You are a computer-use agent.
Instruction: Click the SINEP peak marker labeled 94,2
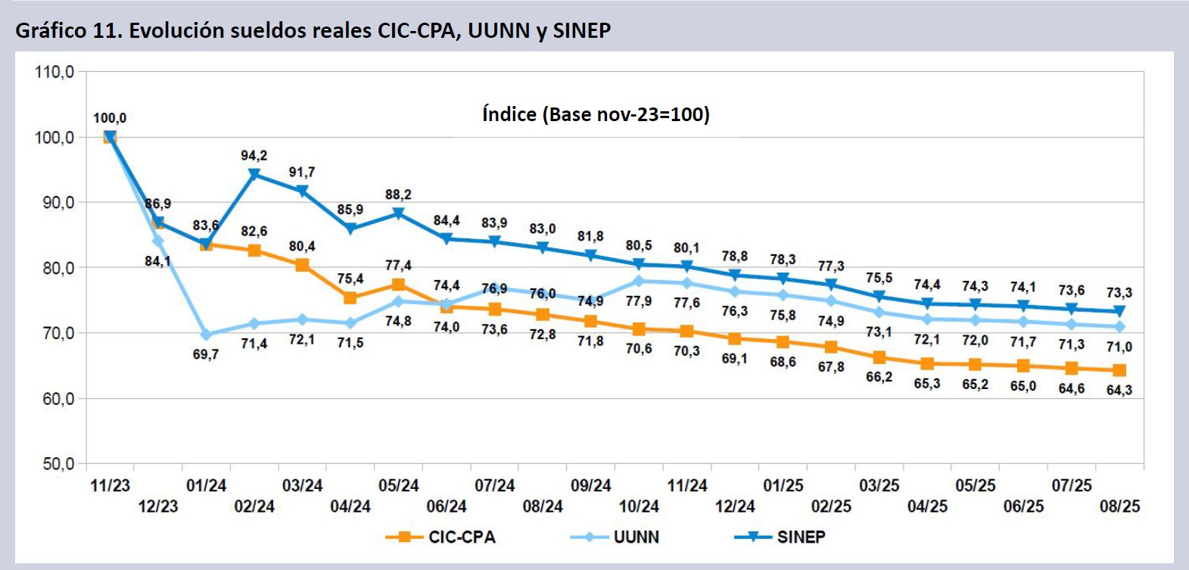(254, 175)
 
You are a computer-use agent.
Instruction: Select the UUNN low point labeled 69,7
(206, 335)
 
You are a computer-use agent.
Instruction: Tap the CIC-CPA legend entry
(440, 537)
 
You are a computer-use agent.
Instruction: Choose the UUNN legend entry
(615, 537)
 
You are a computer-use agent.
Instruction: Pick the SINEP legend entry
(780, 537)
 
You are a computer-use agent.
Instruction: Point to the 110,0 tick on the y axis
(54, 73)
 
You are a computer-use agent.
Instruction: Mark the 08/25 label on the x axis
(1119, 506)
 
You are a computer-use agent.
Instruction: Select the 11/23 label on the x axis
(110, 486)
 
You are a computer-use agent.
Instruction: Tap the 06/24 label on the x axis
(447, 506)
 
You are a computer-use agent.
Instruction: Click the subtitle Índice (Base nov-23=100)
(596, 114)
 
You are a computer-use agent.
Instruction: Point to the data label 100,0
(110, 118)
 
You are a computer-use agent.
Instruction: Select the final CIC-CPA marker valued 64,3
(1119, 370)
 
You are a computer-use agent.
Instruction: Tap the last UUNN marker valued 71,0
(1119, 327)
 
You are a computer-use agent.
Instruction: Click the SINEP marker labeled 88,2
(398, 214)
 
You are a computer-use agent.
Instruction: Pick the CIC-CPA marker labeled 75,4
(350, 297)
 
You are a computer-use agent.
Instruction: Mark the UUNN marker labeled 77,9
(639, 281)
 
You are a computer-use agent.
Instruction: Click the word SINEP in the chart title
(581, 31)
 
